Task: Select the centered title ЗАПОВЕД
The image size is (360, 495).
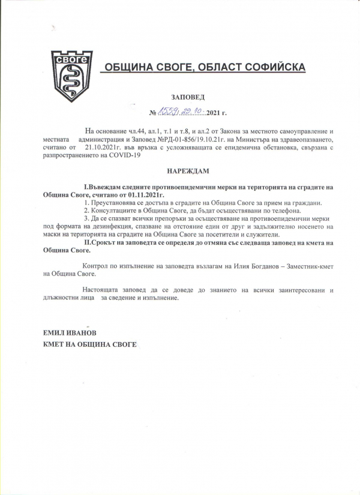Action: (x=187, y=97)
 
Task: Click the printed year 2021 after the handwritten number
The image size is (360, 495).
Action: (x=214, y=113)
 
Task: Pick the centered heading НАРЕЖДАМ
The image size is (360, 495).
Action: (x=187, y=170)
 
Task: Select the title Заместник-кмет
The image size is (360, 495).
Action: (x=311, y=265)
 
